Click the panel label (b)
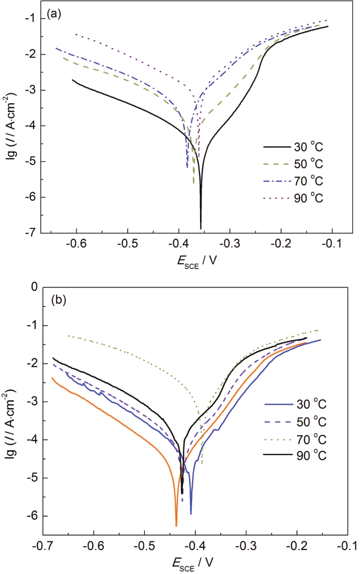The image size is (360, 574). (x=59, y=300)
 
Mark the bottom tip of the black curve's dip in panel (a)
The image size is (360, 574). (x=201, y=228)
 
